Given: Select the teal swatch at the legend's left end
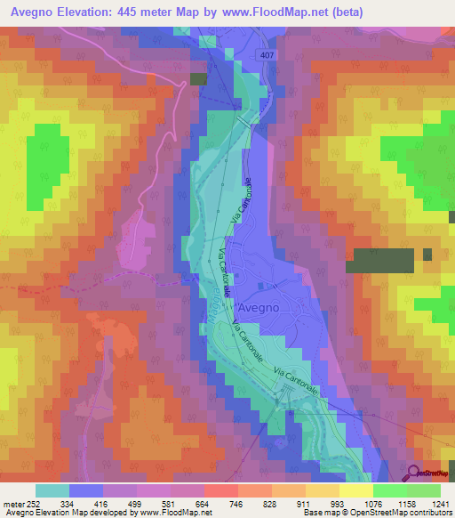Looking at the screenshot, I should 52,490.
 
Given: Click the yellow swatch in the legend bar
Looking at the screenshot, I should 355,490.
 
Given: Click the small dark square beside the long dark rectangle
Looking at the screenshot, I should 427,255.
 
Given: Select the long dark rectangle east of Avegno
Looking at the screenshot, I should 379,260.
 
